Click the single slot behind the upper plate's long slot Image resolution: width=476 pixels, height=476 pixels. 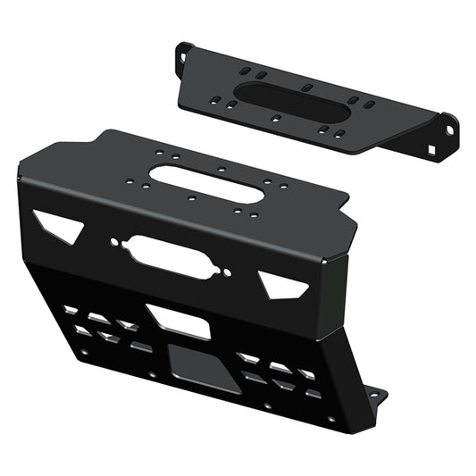(x=306, y=88)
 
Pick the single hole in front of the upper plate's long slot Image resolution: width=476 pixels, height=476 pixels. (x=276, y=119)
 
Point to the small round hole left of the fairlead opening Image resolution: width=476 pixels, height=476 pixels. (x=114, y=242)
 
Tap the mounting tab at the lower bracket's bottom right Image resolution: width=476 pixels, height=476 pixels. (x=376, y=395)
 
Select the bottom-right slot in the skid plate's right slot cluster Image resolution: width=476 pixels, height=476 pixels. (x=313, y=393)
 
